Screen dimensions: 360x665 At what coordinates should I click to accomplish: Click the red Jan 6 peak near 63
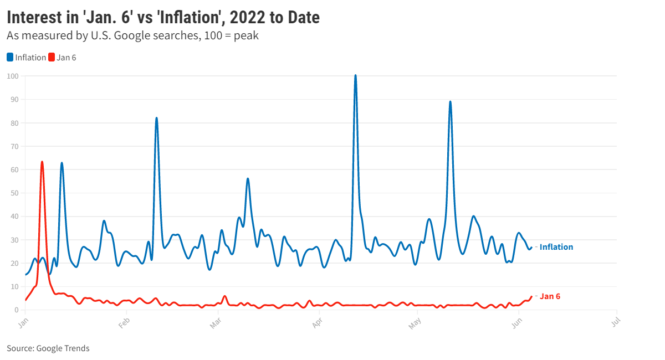pyautogui.click(x=42, y=162)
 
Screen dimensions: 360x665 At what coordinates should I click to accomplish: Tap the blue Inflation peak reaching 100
pyautogui.click(x=355, y=76)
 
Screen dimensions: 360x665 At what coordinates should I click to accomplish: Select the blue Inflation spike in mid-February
pyautogui.click(x=157, y=119)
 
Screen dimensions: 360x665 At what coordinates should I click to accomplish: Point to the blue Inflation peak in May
pyautogui.click(x=450, y=102)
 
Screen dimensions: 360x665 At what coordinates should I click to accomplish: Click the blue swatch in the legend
pyautogui.click(x=10, y=58)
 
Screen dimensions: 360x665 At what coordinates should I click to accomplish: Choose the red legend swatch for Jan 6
pyautogui.click(x=52, y=58)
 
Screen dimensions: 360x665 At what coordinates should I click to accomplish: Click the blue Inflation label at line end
pyautogui.click(x=556, y=247)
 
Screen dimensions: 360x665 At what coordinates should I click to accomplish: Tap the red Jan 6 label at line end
pyautogui.click(x=550, y=296)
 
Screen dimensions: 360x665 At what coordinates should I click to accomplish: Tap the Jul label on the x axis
pyautogui.click(x=615, y=322)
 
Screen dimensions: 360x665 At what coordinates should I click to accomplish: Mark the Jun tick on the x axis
pyautogui.click(x=517, y=322)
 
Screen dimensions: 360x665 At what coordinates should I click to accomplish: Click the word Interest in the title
pyautogui.click(x=37, y=18)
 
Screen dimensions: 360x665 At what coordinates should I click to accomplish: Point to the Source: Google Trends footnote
pyautogui.click(x=48, y=348)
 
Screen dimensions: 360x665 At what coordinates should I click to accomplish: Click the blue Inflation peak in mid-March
pyautogui.click(x=248, y=179)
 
